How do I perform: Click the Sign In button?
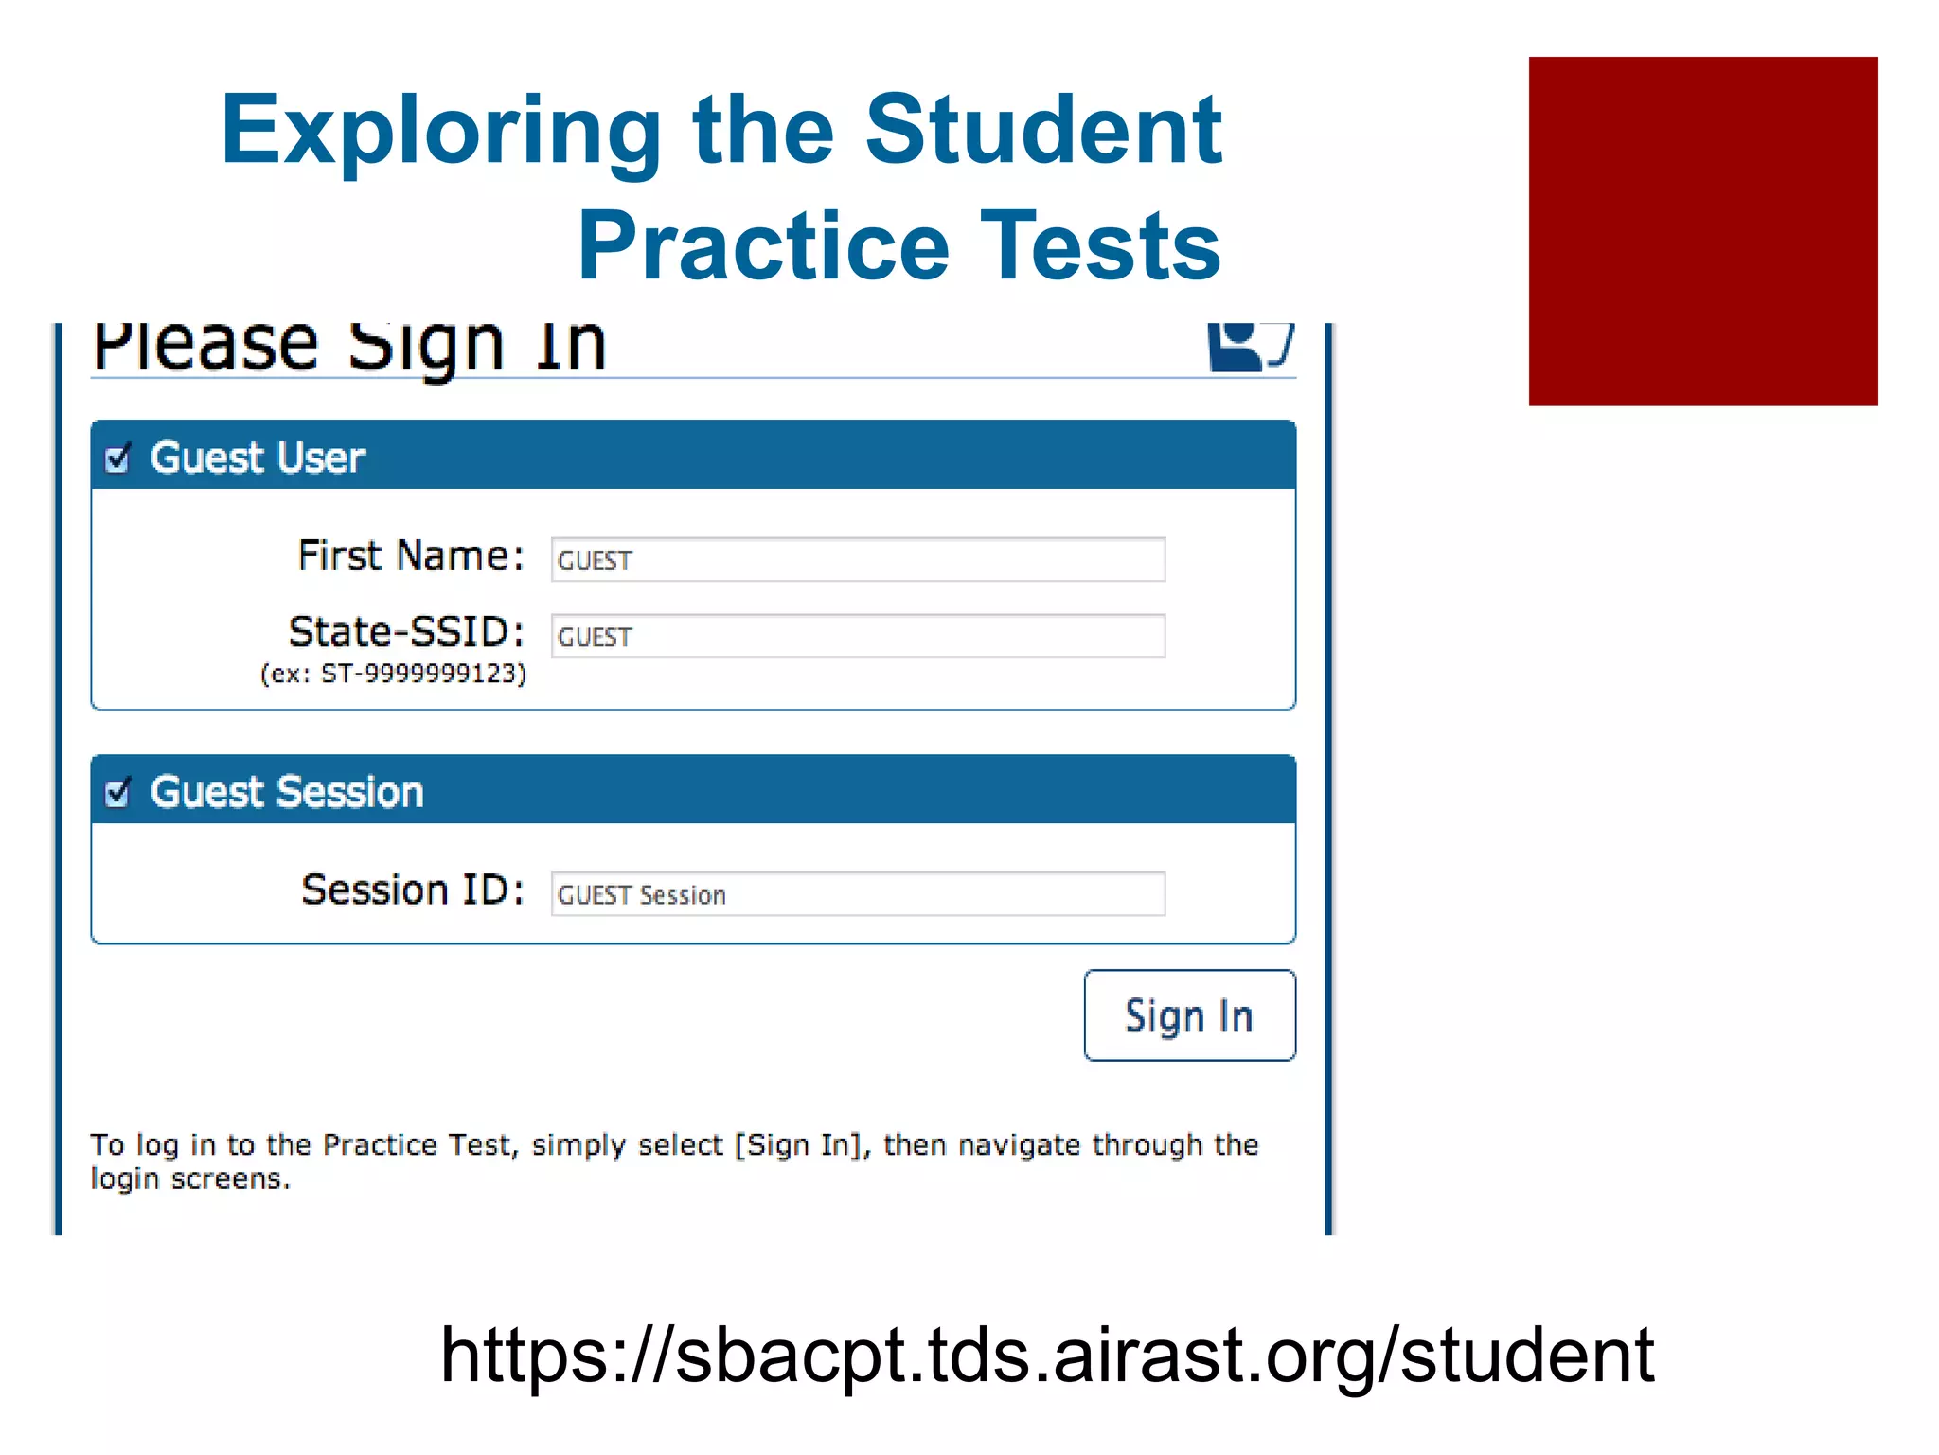[x=1189, y=1015]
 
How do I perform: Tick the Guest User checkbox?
[x=117, y=458]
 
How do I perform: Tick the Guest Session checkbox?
[x=117, y=792]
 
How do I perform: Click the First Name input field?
[x=858, y=560]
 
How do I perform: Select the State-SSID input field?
[x=858, y=637]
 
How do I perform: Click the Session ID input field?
[x=858, y=894]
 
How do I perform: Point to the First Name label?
[x=410, y=556]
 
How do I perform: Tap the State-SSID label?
[x=406, y=632]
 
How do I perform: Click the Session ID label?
[x=412, y=890]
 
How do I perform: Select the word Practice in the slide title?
[x=763, y=246]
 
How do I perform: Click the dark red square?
[x=1702, y=231]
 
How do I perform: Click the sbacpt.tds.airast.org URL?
[x=1047, y=1355]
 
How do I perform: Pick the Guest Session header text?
[x=287, y=792]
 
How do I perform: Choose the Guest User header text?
[x=258, y=458]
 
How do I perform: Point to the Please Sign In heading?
[x=348, y=345]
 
